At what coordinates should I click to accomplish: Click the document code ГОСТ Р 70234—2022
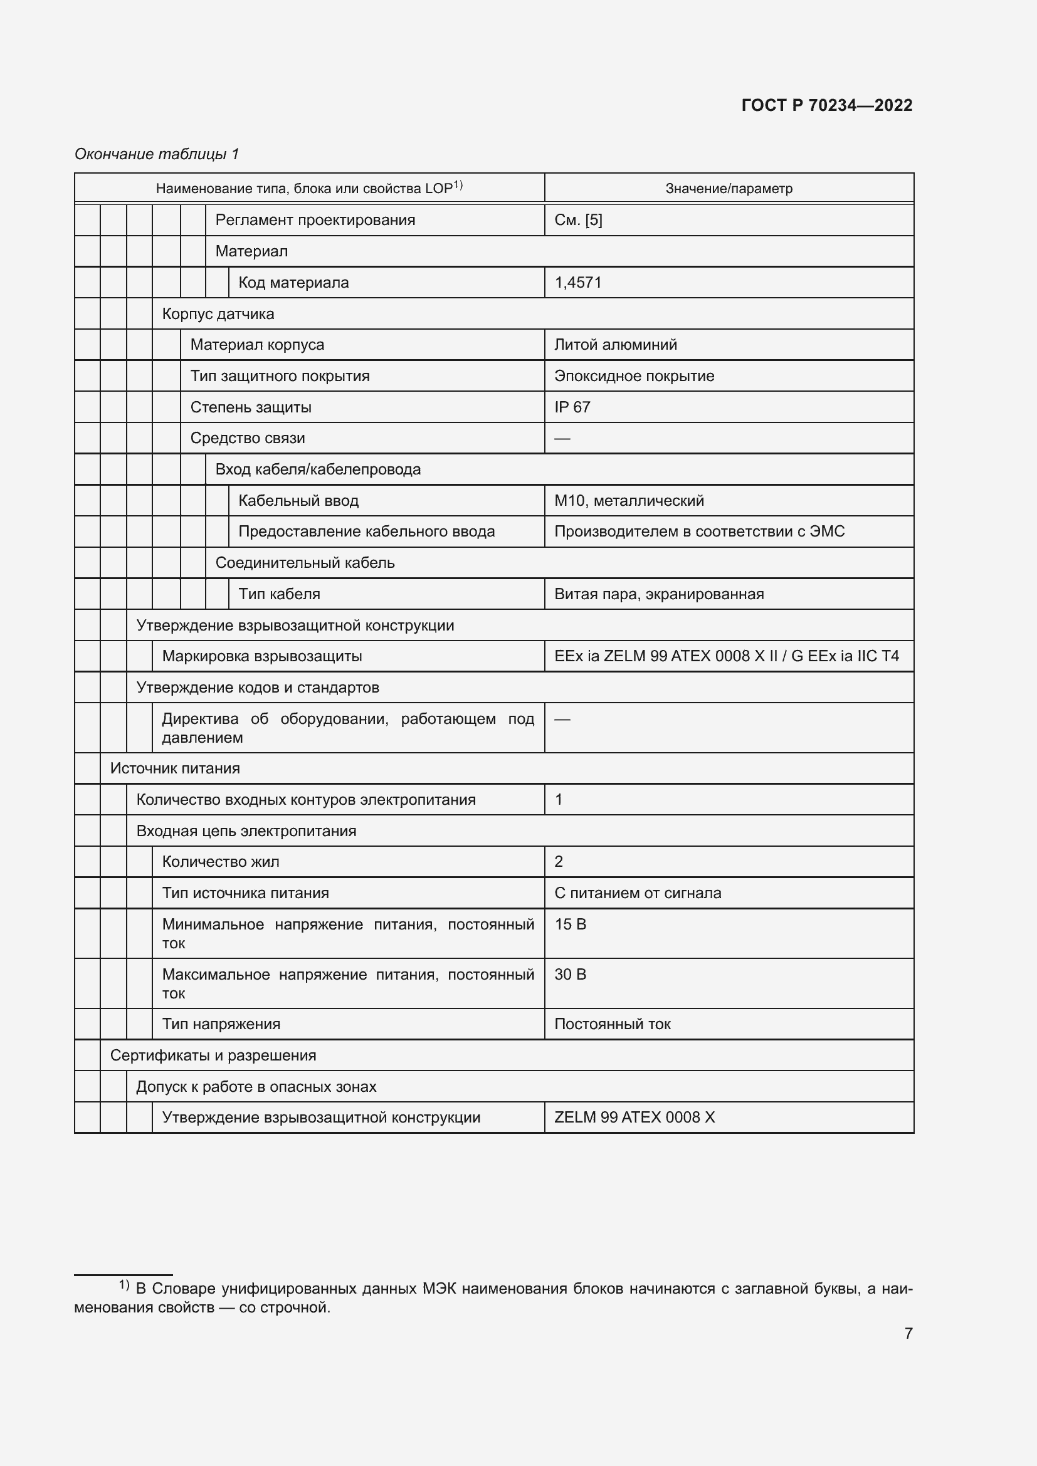pos(826,105)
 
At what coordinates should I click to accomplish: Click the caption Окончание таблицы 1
pos(157,154)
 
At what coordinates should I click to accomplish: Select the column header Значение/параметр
pos(729,189)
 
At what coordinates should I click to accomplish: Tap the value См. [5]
pos(578,219)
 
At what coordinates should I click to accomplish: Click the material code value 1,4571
pos(578,282)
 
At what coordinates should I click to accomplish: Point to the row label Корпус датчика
pos(218,313)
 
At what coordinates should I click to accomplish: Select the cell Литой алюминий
pos(615,345)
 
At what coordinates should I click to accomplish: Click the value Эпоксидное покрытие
pos(633,375)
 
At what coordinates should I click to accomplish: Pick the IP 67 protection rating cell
pos(572,407)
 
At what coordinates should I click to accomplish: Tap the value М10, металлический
pos(628,501)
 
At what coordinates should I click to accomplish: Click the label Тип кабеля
pos(279,594)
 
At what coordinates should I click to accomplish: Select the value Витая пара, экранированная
pos(658,594)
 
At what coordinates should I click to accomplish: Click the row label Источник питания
pos(175,768)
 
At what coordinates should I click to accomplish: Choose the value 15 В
pos(569,924)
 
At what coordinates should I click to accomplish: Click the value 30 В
pos(569,975)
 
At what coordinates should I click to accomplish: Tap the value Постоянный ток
pos(612,1024)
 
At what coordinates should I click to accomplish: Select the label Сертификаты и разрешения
pos(213,1055)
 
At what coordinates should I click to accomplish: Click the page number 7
pos(908,1333)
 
